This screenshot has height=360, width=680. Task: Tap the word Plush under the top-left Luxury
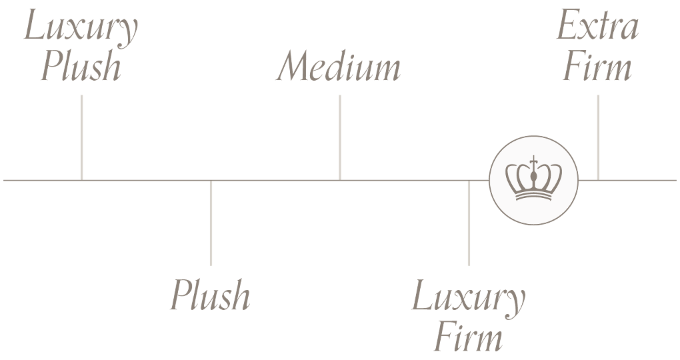click(x=81, y=67)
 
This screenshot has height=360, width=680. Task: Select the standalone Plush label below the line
click(x=210, y=296)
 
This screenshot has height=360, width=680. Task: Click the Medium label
click(x=339, y=67)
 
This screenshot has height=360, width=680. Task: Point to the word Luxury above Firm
click(x=468, y=297)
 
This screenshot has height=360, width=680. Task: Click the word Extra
click(x=597, y=27)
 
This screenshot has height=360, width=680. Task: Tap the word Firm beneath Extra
click(x=597, y=67)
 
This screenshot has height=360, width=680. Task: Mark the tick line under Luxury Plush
click(x=81, y=137)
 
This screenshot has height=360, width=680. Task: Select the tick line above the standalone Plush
click(x=211, y=223)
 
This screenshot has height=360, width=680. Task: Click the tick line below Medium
click(x=340, y=137)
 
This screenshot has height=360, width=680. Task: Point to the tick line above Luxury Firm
click(x=469, y=223)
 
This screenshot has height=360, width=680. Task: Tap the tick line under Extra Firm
click(x=598, y=137)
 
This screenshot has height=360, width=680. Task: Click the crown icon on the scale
click(x=533, y=180)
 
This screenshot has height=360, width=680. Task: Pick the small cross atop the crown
click(x=533, y=160)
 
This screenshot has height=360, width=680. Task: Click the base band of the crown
click(x=533, y=196)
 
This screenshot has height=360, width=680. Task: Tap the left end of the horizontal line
click(x=5, y=180)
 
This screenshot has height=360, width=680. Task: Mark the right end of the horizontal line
click(x=675, y=180)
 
